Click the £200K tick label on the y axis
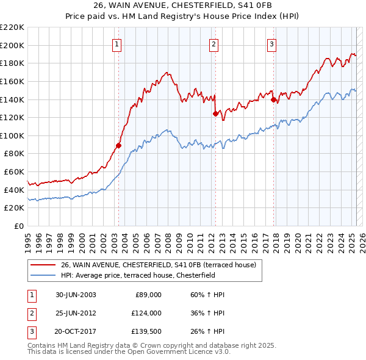coord(12,45)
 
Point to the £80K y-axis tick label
coord(14,154)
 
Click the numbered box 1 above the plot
coord(117,43)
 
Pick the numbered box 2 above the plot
coord(214,43)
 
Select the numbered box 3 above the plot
coord(271,43)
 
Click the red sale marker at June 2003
coord(119,145)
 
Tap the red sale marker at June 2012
coord(215,113)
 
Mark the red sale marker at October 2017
coord(273,99)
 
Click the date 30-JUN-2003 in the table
coord(76,295)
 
